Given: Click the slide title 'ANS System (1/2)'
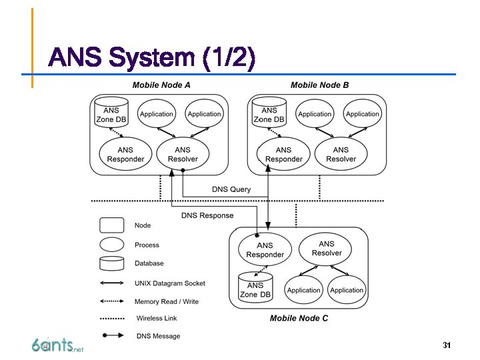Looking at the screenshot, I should [x=151, y=59].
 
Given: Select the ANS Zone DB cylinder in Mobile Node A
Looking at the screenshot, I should [x=111, y=113].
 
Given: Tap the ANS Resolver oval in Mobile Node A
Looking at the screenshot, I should [x=183, y=154].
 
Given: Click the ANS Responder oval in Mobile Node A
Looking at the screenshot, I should [x=125, y=154].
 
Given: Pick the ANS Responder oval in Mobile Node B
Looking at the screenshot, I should [x=283, y=154].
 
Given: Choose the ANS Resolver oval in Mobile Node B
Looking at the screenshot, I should [x=341, y=154].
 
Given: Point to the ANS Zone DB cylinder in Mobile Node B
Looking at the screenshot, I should [x=269, y=113].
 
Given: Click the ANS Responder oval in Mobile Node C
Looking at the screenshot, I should [x=265, y=249].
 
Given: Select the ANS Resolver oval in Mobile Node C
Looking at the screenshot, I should [x=326, y=248].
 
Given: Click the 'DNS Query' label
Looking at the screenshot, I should [x=231, y=189].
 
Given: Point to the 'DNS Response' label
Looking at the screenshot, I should [x=207, y=215].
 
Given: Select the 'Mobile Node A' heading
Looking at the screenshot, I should [x=161, y=85].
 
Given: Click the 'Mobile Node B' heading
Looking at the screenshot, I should [x=319, y=85].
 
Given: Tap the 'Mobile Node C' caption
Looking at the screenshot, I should [x=299, y=318].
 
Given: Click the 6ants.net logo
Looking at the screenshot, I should [x=57, y=345].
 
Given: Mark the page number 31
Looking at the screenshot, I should [x=447, y=345].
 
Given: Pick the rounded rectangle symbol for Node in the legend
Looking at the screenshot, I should [x=111, y=225].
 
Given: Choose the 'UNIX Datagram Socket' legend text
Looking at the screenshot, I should [x=170, y=283].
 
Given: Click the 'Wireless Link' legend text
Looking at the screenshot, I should [x=157, y=318].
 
